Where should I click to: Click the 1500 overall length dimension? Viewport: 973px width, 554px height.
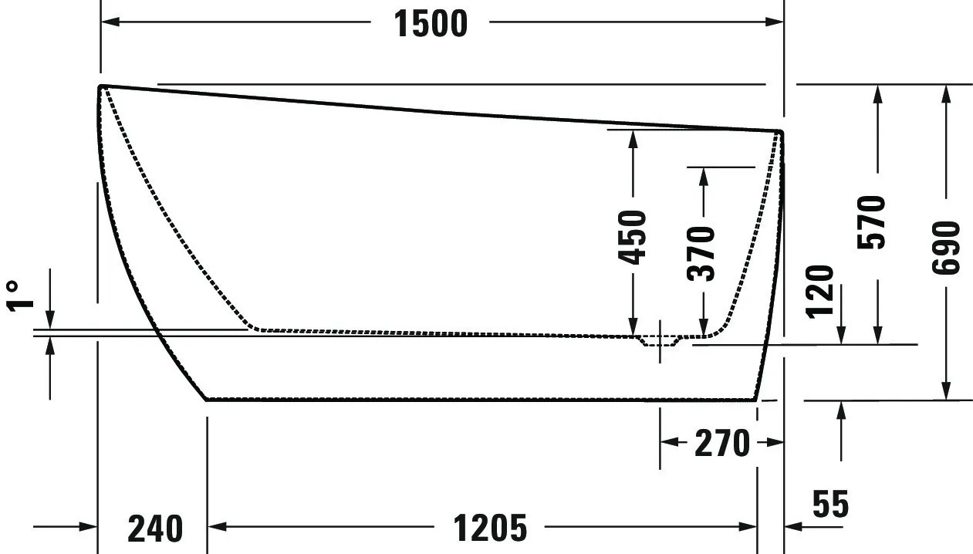[x=431, y=24]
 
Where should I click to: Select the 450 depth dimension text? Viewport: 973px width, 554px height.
[x=633, y=237]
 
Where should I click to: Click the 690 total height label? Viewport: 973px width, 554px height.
[x=946, y=247]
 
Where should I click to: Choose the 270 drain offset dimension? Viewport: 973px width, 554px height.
[x=721, y=443]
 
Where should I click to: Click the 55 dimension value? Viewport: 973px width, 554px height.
[x=830, y=505]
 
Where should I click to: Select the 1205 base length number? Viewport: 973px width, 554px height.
[x=489, y=529]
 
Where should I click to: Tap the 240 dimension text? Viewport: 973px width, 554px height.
[x=155, y=529]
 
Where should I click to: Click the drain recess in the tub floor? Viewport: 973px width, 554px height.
[x=659, y=341]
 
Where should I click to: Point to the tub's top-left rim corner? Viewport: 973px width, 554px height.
[x=101, y=86]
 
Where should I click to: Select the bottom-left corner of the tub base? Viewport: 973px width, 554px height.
[x=207, y=399]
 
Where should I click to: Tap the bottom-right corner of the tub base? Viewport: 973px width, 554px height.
[x=755, y=399]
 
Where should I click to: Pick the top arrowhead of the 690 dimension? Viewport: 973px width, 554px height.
[x=946, y=93]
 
